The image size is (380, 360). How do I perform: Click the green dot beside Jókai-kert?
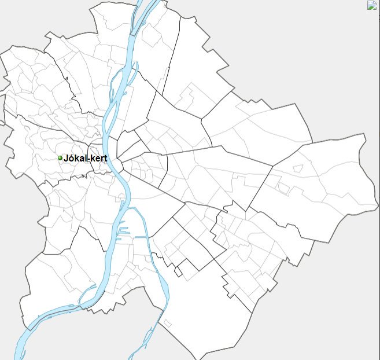click(60, 157)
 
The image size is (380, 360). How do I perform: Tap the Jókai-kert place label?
click(85, 157)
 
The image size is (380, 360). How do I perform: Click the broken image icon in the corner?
click(372, 5)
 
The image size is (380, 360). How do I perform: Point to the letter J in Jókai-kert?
click(65, 157)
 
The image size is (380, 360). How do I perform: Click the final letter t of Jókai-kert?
click(105, 157)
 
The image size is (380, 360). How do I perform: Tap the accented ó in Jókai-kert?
click(70, 157)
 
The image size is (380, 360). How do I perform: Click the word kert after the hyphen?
click(99, 157)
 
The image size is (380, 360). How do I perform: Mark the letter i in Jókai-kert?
click(86, 157)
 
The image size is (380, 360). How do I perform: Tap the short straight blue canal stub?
click(141, 237)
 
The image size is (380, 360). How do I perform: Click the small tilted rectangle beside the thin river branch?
click(168, 322)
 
